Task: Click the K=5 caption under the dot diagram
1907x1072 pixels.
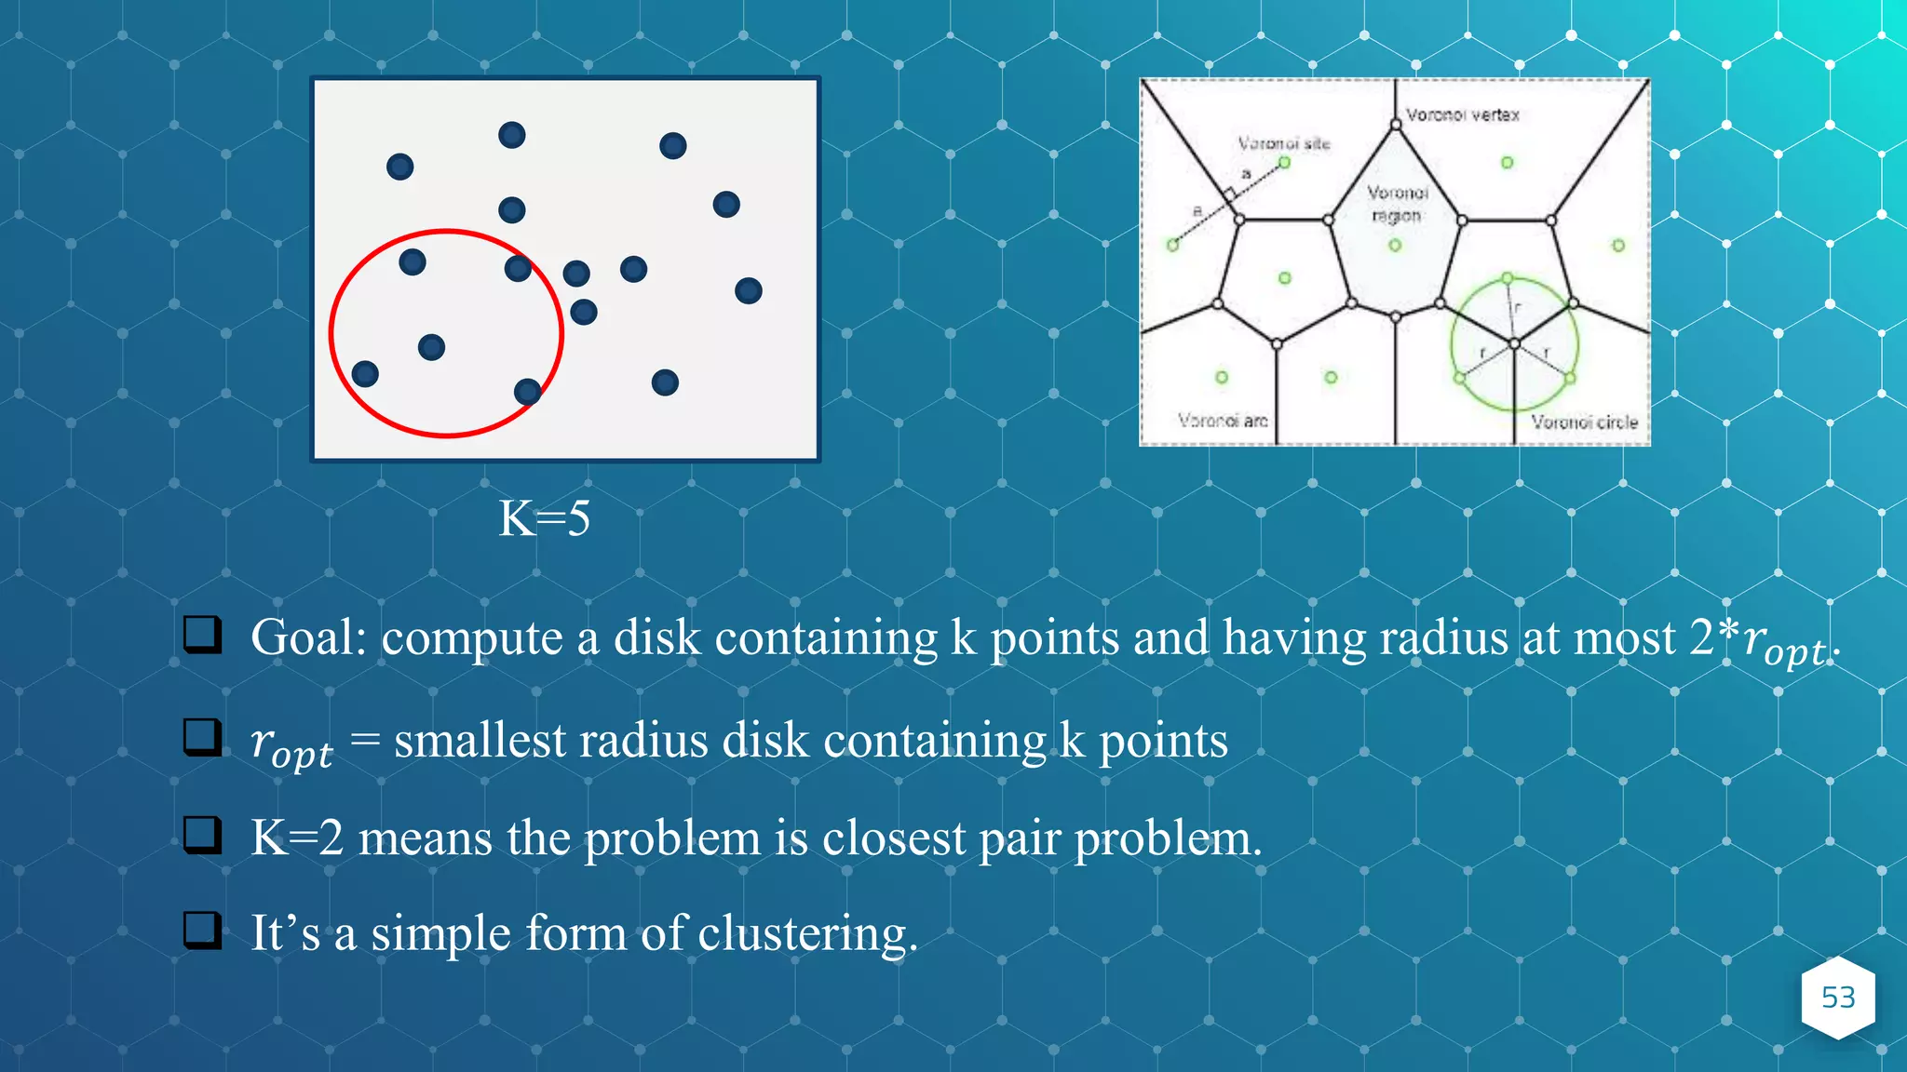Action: [x=545, y=518]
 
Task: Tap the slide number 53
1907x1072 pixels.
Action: [x=1838, y=998]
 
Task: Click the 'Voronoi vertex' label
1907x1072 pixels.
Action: [x=1462, y=114]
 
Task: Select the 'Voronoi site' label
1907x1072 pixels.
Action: [x=1284, y=143]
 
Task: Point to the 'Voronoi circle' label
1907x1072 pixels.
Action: [x=1584, y=422]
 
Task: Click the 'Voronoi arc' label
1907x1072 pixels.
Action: [x=1223, y=421]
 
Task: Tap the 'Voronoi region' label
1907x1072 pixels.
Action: [x=1397, y=204]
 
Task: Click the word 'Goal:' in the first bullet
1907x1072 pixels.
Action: [x=309, y=638]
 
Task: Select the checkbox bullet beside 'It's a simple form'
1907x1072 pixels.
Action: [x=202, y=930]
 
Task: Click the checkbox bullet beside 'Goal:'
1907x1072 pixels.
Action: [x=202, y=635]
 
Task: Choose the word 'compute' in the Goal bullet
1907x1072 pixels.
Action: [x=472, y=640]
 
